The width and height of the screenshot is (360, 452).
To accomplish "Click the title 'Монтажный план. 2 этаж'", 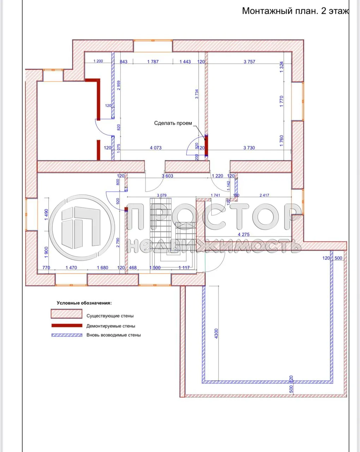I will click(295, 11).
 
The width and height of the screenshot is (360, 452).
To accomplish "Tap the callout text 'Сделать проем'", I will click(173, 123).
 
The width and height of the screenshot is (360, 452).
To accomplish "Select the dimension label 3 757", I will click(249, 62).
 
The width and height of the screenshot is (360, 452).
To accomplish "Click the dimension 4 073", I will click(156, 148).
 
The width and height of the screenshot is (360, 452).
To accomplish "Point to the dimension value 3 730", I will click(249, 148).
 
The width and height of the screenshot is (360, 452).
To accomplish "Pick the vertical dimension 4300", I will click(216, 334).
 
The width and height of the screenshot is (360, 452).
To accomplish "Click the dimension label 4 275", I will click(244, 234).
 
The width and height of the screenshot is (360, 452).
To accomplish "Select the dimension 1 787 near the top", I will click(152, 62).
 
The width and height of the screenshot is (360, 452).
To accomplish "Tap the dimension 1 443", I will click(185, 62).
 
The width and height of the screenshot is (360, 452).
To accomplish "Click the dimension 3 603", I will click(167, 176).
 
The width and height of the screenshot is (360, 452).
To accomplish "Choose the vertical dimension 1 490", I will click(46, 215).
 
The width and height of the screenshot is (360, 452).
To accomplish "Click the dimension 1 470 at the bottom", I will click(71, 268).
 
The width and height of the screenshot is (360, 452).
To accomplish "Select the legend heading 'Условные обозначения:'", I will click(84, 303).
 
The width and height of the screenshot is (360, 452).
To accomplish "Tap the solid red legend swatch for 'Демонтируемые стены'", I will click(66, 326).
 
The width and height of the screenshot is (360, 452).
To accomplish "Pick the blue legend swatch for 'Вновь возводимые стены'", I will click(66, 335).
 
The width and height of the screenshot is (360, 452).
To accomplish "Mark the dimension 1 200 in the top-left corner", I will click(98, 61).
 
